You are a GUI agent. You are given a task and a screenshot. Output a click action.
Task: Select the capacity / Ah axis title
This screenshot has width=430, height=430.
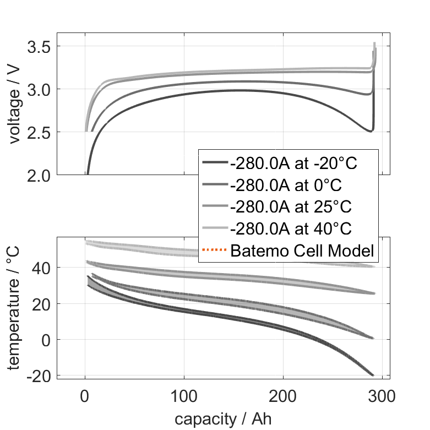click(x=223, y=418)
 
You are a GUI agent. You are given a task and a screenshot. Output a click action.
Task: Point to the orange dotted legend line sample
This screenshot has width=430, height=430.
click(x=215, y=251)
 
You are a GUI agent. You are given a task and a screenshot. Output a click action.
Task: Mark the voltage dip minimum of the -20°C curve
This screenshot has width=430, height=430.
click(x=371, y=131)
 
